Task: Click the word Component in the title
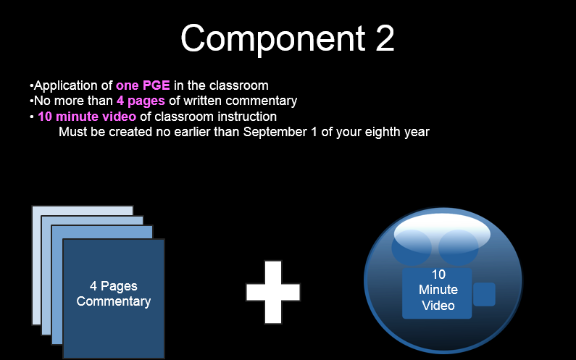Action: pos(273,39)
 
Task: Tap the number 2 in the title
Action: pos(385,38)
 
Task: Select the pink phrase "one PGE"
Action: pos(143,85)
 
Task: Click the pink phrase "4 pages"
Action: pos(141,101)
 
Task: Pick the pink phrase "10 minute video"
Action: pos(87,117)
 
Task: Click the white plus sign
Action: pos(273,293)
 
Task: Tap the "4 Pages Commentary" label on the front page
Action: pos(114,293)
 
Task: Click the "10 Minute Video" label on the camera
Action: pos(438,290)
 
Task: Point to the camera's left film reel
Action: pos(412,248)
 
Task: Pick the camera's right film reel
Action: pos(459,248)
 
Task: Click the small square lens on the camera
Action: pos(484,294)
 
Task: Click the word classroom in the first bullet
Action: pos(239,85)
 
